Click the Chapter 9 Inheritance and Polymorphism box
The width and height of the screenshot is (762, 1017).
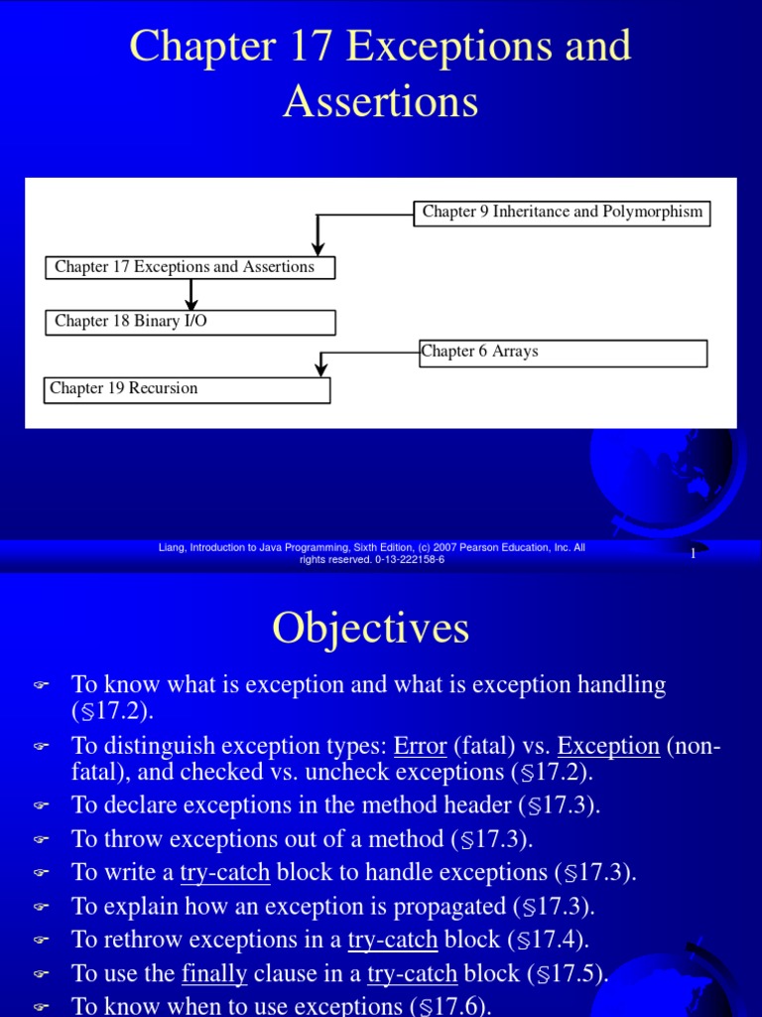point(562,213)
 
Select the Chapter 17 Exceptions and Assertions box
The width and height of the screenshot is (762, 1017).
point(190,267)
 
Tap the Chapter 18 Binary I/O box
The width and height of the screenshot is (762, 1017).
point(190,322)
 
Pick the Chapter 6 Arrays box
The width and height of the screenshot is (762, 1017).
point(563,353)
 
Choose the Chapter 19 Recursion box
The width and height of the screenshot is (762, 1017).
point(187,389)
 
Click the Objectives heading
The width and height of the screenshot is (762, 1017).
point(371,628)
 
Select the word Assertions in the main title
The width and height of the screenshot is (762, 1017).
point(380,100)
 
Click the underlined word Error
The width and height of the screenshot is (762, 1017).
point(421,746)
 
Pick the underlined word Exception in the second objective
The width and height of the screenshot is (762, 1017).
point(608,746)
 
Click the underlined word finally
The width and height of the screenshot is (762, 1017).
point(214,973)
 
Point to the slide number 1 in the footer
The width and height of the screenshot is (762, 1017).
point(693,553)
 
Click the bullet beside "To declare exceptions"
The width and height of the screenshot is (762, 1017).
point(41,805)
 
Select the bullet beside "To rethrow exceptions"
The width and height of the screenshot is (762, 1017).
point(41,941)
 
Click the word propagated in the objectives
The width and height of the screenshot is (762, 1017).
point(449,906)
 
